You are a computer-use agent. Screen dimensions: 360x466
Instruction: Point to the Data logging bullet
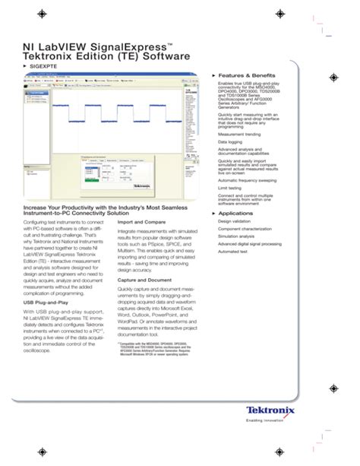[232, 141]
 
